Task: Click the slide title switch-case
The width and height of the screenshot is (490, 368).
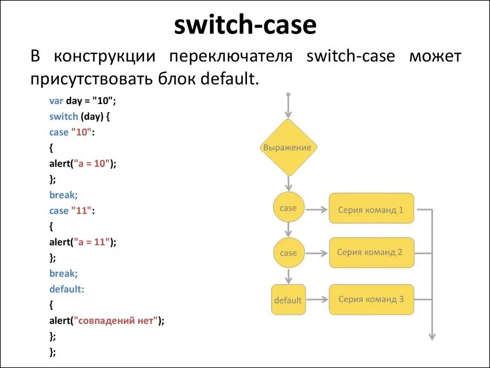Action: pyautogui.click(x=245, y=25)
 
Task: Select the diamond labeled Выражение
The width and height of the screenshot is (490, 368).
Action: pyautogui.click(x=289, y=148)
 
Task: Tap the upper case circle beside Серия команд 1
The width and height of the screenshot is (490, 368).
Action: pyautogui.click(x=289, y=208)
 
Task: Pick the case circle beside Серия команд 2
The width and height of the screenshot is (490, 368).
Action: pyautogui.click(x=289, y=253)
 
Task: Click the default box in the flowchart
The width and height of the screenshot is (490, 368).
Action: pyautogui.click(x=288, y=299)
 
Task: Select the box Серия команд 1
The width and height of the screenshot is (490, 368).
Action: pyautogui.click(x=371, y=208)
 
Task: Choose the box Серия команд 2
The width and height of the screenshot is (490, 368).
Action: pyautogui.click(x=371, y=253)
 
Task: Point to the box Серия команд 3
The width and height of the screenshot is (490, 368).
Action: pyautogui.click(x=371, y=299)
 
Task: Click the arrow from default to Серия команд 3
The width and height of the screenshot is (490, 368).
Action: pyautogui.click(x=317, y=299)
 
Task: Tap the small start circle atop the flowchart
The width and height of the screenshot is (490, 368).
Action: pyautogui.click(x=289, y=94)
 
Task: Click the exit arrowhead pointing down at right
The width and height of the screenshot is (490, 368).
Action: pyautogui.click(x=432, y=336)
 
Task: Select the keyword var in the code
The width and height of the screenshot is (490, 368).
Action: pyautogui.click(x=56, y=101)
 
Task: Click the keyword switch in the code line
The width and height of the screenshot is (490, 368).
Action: pyautogui.click(x=64, y=116)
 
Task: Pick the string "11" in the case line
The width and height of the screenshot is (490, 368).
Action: pyautogui.click(x=81, y=211)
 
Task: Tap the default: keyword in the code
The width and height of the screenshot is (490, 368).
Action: pyautogui.click(x=67, y=289)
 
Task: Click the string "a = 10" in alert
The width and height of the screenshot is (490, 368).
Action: pyautogui.click(x=92, y=163)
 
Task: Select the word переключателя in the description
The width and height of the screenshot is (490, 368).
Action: pyautogui.click(x=231, y=57)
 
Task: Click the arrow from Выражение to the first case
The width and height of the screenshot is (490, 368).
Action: pyautogui.click(x=289, y=184)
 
